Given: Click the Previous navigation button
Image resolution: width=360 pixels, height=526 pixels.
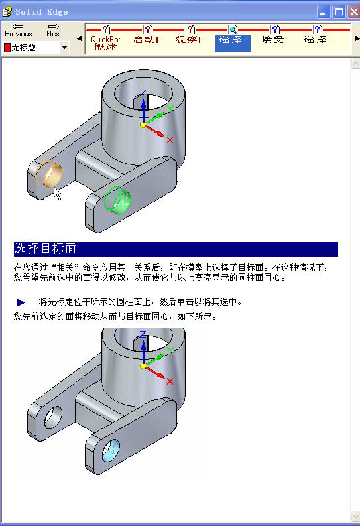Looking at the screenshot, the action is [18, 31].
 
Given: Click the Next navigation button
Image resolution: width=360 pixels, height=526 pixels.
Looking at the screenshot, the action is [54, 31].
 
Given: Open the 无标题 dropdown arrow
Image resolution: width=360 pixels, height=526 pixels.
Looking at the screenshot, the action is [65, 48].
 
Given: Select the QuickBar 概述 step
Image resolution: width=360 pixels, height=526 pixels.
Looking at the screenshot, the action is [105, 38].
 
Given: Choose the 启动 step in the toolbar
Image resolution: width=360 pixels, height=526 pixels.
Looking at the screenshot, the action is [148, 35].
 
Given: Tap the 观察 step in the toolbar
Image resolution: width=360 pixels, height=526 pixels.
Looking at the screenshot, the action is [190, 35].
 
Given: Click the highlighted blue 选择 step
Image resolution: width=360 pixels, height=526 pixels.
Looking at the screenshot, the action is [233, 38].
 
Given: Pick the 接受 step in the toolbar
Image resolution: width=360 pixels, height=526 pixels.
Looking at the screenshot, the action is [275, 35].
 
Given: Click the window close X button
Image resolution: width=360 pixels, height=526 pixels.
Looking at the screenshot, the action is [354, 12].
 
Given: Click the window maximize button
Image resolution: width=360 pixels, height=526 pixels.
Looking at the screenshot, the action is [339, 12].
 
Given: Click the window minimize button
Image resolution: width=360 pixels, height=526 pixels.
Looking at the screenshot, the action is [323, 12].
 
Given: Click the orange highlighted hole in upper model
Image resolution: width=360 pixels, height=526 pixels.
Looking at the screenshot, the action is [49, 173].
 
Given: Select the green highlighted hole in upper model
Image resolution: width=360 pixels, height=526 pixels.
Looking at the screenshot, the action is [117, 200].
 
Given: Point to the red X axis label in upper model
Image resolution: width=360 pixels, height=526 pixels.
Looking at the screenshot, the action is [170, 140].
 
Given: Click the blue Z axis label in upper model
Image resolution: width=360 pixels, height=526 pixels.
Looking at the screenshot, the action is [143, 93].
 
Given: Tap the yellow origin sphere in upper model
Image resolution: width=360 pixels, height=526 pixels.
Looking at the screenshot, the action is [143, 125].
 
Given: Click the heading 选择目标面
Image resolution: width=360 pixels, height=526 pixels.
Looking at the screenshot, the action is [45, 249].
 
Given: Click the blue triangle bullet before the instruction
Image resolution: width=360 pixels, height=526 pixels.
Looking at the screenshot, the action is [21, 302].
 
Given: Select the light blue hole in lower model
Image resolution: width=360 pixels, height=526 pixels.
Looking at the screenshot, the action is [111, 450].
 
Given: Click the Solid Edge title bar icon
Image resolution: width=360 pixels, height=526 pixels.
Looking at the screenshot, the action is [7, 12].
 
